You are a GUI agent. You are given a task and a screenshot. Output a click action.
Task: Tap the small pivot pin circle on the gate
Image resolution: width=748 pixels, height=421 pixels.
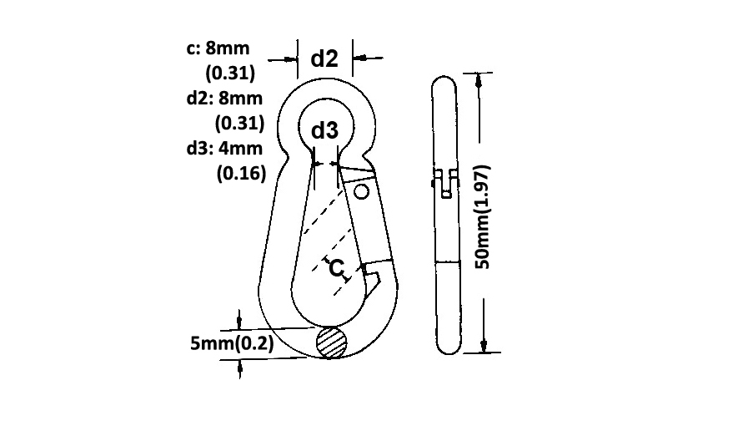coord(362,191)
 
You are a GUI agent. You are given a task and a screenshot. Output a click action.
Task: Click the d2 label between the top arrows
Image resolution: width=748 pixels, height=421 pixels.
coord(324,58)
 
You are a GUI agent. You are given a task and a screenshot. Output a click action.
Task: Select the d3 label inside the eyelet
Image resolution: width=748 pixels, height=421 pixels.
coord(324,130)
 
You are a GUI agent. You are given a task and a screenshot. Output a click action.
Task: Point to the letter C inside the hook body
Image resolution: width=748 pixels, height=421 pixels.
coord(336,268)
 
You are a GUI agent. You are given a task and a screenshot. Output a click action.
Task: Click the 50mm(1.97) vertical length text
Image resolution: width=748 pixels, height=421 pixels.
coord(482,217)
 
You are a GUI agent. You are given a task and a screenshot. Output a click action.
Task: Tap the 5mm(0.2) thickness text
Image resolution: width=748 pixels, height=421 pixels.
coord(232,343)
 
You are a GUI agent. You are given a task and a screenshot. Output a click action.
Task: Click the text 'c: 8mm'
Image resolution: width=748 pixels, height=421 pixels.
coord(218,48)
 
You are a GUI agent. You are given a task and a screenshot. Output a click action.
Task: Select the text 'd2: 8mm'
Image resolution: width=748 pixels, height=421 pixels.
coord(224,98)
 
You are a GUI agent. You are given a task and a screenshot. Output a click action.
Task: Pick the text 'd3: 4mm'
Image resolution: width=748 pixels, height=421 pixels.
coord(224,148)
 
